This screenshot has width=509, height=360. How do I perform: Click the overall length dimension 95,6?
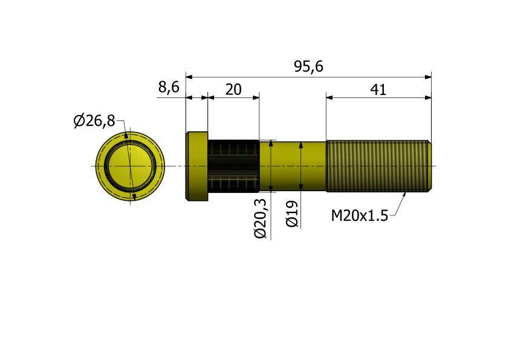coord(309,67)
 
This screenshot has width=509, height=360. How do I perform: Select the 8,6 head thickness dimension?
coord(169,87)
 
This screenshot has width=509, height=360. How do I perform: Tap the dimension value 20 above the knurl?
coord(233,90)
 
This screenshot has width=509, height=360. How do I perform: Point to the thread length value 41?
coord(378,90)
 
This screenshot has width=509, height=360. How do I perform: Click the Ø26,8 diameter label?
coord(94,121)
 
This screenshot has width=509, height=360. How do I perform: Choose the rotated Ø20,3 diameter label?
coord(261,218)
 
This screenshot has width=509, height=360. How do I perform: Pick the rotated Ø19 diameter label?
coord(292,214)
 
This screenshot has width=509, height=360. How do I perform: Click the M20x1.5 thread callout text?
coord(359,216)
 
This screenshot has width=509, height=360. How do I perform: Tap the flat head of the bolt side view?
coord(196,166)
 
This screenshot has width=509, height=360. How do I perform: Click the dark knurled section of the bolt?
coord(233,166)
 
